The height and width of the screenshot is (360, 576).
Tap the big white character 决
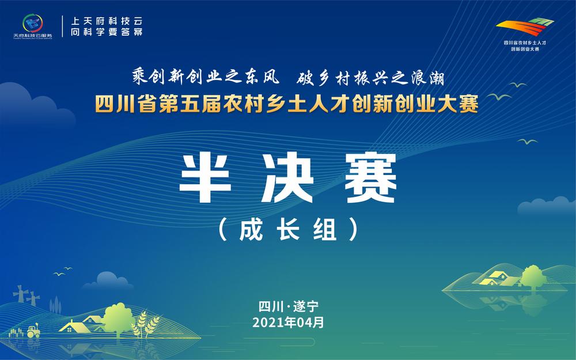[288, 177]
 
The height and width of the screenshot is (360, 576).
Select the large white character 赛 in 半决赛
[369, 177]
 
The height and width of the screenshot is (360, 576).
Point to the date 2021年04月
[288, 322]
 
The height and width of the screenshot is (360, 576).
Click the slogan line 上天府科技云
[105, 20]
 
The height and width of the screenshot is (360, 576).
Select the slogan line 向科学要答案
[105, 32]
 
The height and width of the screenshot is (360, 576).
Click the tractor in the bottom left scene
[32, 330]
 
